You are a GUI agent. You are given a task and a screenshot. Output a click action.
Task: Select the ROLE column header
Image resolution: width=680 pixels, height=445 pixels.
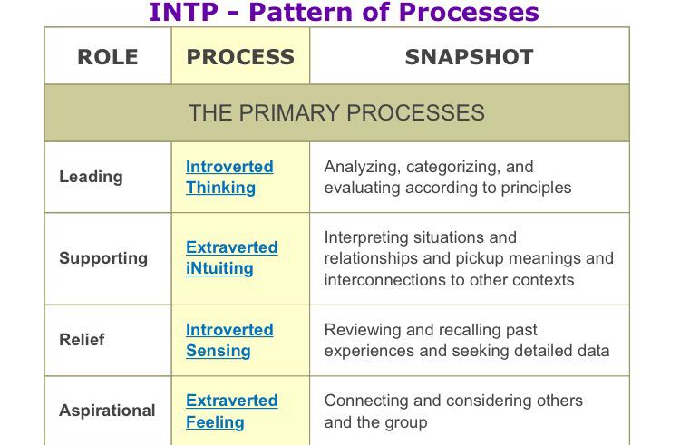point(108,57)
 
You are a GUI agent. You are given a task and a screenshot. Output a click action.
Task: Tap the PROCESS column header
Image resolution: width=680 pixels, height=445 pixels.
point(240,57)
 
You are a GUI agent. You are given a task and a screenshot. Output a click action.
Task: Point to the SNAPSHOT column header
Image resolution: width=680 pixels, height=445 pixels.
point(469,57)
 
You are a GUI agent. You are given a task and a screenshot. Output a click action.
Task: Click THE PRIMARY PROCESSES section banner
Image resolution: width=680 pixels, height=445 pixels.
point(336,113)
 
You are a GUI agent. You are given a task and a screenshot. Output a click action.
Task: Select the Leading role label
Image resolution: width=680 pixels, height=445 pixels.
point(91,177)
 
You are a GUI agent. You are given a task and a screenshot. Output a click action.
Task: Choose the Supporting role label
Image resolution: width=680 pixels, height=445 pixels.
point(103,258)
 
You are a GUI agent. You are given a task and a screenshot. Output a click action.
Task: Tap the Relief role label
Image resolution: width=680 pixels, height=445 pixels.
point(82,340)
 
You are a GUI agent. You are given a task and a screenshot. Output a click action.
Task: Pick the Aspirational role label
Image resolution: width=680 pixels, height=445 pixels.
point(107,411)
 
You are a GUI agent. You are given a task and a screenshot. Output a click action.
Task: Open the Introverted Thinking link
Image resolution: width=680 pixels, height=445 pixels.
point(229,177)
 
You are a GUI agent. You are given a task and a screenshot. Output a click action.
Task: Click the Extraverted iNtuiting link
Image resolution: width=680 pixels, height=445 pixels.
point(231,258)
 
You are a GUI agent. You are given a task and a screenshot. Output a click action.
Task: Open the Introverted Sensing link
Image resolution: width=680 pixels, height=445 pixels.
point(229,340)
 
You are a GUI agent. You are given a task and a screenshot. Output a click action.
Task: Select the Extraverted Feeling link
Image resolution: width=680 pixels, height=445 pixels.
point(231,411)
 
